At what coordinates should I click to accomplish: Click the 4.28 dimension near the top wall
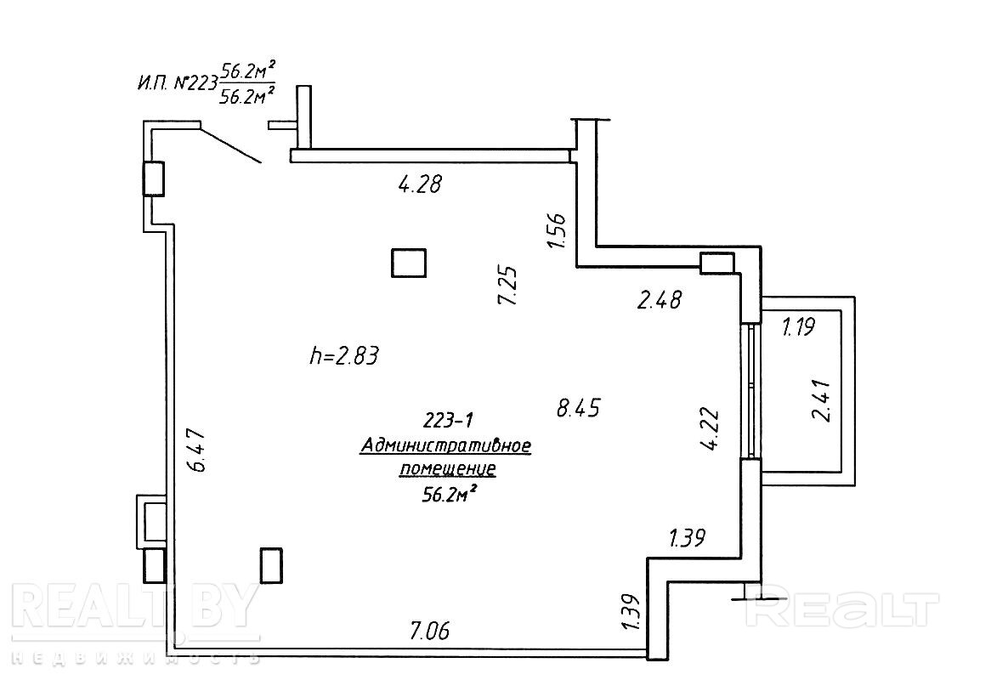coord(420,184)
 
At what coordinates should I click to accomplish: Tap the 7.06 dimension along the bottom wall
coord(430,630)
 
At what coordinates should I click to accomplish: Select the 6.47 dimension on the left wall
coord(197,450)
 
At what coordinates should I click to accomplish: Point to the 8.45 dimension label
coord(578,408)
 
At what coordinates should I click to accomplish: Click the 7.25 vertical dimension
coord(508,285)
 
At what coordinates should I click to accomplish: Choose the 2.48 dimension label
coord(660,299)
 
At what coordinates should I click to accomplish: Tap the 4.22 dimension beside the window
coord(711,429)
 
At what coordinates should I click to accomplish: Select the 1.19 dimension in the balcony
coord(798,326)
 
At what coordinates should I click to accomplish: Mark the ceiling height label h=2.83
coord(344,356)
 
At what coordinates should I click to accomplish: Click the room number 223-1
coord(447,420)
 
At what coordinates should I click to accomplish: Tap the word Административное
coord(445,446)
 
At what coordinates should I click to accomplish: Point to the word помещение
coord(447,469)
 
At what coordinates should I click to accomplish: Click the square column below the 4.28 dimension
coord(409,263)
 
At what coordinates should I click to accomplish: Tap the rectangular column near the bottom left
coord(271,565)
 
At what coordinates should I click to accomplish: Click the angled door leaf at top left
coord(230,144)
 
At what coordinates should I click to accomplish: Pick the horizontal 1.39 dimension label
coord(687,538)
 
